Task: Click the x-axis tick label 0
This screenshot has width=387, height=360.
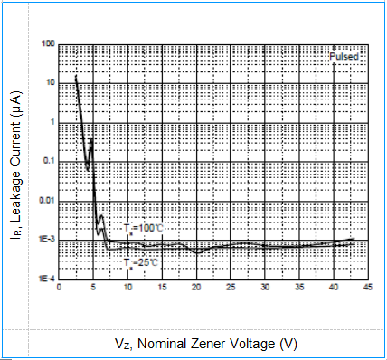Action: (x=59, y=288)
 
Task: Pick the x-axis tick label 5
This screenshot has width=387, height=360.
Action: (x=93, y=288)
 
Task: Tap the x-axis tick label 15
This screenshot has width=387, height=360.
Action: (x=162, y=288)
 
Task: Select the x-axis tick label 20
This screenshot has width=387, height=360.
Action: (x=196, y=288)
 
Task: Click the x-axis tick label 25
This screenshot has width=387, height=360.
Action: (x=231, y=288)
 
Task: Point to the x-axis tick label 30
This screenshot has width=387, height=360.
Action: (x=265, y=288)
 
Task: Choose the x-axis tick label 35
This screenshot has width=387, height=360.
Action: (x=299, y=288)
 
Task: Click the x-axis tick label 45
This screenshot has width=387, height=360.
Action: (x=368, y=288)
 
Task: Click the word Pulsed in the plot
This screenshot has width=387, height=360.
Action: (x=345, y=56)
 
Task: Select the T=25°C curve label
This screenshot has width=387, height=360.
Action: (x=141, y=261)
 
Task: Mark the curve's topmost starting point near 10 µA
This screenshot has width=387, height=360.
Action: (x=76, y=77)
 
